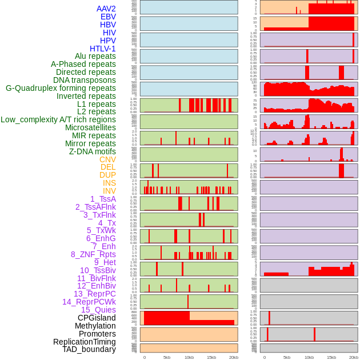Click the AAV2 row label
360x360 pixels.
pyautogui.click(x=106, y=9)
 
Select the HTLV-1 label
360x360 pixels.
pyautogui.click(x=103, y=49)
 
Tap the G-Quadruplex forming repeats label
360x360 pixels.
pyautogui.click(x=61, y=88)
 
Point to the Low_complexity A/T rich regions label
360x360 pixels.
pyautogui.click(x=58, y=119)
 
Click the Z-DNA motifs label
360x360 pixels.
pyautogui.click(x=92, y=151)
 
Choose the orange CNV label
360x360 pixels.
pyautogui.click(x=107, y=159)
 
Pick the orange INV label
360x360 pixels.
pyautogui.click(x=109, y=191)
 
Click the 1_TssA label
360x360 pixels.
pyautogui.click(x=103, y=199)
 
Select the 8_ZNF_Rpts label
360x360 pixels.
pyautogui.click(x=93, y=254)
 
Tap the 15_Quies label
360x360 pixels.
pyautogui.click(x=98, y=310)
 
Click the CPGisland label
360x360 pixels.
pyautogui.click(x=97, y=318)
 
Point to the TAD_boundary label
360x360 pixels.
pyautogui.click(x=89, y=349)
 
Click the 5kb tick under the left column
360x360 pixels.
pyautogui.click(x=167, y=357)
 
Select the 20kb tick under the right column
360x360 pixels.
pyautogui.click(x=354, y=357)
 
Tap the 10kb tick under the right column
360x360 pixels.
pyautogui.click(x=309, y=357)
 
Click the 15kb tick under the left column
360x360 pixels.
pyautogui.click(x=211, y=357)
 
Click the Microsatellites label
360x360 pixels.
pyautogui.click(x=90, y=127)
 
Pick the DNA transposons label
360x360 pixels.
pyautogui.click(x=85, y=80)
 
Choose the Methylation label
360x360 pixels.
pyautogui.click(x=92, y=326)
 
